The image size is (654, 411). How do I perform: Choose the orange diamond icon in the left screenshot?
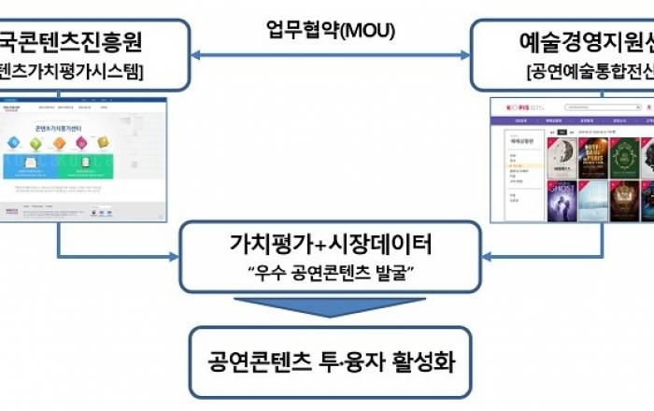[59, 143]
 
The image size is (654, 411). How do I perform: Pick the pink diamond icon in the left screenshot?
[82, 143]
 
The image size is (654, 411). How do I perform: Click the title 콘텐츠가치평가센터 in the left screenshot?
[57, 123]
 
